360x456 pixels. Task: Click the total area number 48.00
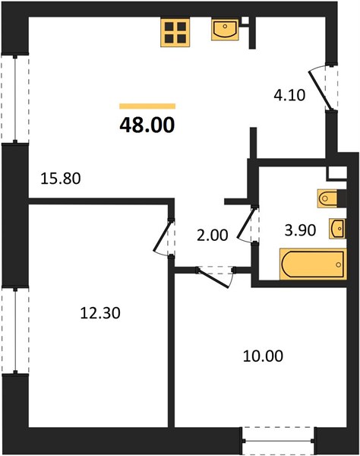point(147,125)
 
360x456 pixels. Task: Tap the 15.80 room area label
point(61,179)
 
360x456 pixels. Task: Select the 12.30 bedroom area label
point(100,313)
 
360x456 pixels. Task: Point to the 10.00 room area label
point(263,356)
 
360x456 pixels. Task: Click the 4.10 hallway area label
point(289,95)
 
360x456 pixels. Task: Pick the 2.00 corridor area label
point(212,236)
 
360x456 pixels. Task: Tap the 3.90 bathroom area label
point(300,230)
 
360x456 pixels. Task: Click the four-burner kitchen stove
point(175,32)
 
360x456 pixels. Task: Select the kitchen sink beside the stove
point(225,30)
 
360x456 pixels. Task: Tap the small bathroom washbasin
point(338,229)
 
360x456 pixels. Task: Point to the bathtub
point(313,264)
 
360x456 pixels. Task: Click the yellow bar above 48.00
point(147,106)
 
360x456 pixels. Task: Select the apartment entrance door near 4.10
point(319,90)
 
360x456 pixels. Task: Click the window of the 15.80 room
point(15,99)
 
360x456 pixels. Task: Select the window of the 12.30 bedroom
point(15,331)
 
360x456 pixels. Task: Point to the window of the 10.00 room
point(278,440)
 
